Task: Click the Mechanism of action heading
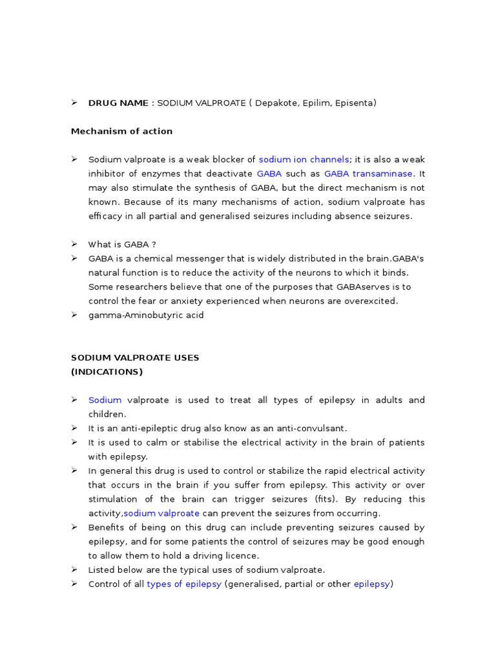tap(121, 131)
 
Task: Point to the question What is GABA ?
tap(122, 244)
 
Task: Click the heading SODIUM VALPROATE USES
tap(135, 358)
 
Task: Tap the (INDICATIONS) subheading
tap(107, 372)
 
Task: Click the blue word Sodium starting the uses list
tap(105, 400)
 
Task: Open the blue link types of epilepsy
tap(184, 584)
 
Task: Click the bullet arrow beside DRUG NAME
tap(74, 103)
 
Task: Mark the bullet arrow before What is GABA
tap(74, 244)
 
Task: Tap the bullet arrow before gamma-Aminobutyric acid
tap(74, 315)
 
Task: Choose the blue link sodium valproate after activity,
tap(161, 513)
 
